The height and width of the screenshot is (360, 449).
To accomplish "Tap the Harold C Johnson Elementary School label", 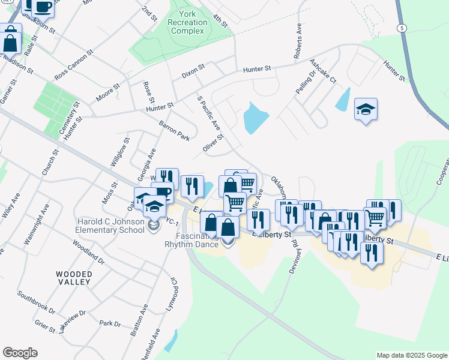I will (x=110, y=226).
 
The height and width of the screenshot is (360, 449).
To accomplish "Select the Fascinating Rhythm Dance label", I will (x=193, y=239).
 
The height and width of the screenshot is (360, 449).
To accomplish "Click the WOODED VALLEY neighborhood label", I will (x=74, y=278).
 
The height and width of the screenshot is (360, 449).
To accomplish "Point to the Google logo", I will (x=20, y=353).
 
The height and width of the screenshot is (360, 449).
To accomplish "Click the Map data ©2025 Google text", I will (x=411, y=355).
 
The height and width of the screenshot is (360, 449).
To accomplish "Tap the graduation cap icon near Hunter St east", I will (x=366, y=110).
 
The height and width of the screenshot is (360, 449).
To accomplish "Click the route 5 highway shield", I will (x=401, y=28).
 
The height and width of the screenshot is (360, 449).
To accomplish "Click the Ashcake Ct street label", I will (x=323, y=71).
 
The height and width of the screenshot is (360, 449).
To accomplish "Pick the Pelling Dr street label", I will (x=305, y=82).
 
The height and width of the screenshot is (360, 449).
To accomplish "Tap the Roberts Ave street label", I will (x=298, y=41).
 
